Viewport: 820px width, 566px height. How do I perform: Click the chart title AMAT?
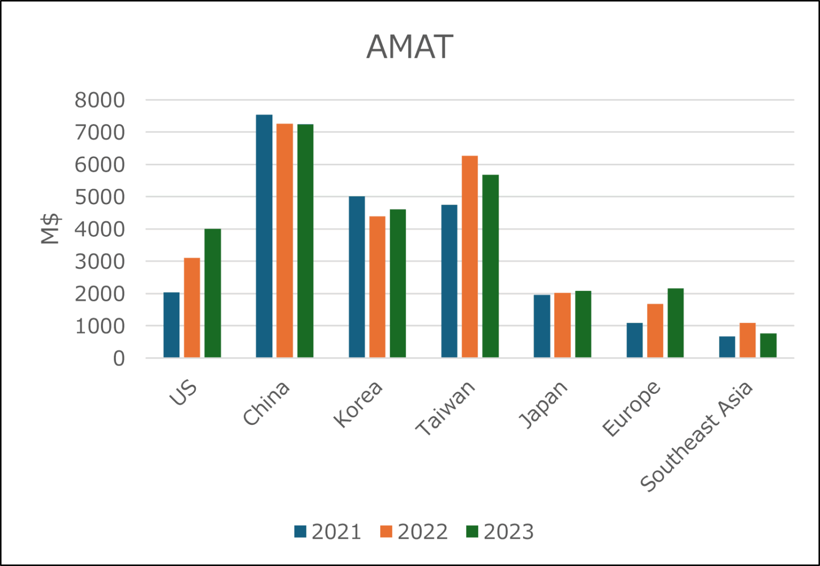[x=409, y=46]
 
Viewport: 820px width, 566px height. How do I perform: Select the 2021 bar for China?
[x=264, y=236]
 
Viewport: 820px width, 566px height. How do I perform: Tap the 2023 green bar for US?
[x=212, y=293]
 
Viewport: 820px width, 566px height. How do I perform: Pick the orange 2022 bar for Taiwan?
[x=470, y=257]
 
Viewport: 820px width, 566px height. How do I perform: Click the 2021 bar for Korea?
[x=357, y=277]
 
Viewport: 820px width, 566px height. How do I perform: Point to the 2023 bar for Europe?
[x=675, y=323]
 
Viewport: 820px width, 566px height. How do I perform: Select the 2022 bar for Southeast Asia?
[x=747, y=340]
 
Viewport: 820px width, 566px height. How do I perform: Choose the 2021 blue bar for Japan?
[x=542, y=326]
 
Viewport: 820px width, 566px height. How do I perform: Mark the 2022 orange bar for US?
[x=192, y=307]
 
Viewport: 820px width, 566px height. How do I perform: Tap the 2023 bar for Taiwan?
[x=490, y=266]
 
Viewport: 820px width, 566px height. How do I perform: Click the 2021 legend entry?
[x=328, y=532]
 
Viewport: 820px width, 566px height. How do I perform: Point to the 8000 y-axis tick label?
[x=100, y=100]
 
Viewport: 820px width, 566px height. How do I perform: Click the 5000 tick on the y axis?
[x=100, y=197]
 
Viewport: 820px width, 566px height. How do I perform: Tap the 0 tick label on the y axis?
[x=119, y=358]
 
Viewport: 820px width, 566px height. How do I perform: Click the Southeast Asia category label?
[x=696, y=436]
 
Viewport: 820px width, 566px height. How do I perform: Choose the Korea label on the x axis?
[x=358, y=404]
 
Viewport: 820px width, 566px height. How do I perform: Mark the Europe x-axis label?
[x=631, y=409]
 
